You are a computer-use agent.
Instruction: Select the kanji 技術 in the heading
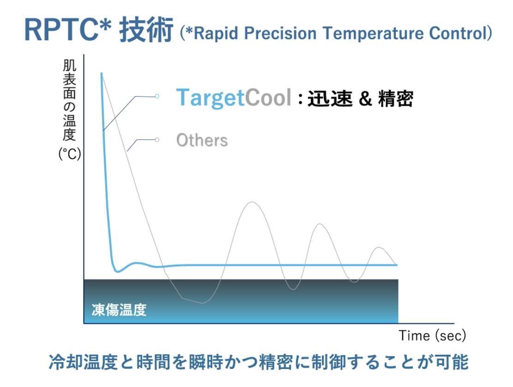(x=146, y=30)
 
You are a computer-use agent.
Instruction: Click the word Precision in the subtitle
(x=280, y=33)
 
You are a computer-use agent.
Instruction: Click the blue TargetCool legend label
(x=233, y=97)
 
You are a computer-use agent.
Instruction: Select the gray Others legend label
(x=202, y=140)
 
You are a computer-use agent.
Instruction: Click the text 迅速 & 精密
(x=360, y=98)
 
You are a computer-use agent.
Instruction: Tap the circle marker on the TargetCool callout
(x=157, y=96)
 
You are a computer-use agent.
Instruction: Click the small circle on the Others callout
(x=157, y=140)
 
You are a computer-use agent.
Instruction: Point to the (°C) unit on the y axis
(x=70, y=154)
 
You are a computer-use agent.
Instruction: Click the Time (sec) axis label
(x=432, y=336)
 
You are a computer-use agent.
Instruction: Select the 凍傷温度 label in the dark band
(x=119, y=309)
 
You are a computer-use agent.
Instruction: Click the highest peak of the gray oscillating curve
(x=252, y=202)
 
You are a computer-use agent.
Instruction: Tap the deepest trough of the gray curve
(x=202, y=303)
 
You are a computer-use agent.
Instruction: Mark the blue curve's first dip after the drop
(x=118, y=272)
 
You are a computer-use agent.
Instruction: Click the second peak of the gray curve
(x=320, y=224)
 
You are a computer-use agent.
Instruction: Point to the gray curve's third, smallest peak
(x=379, y=247)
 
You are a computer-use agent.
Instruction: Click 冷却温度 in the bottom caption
(x=83, y=362)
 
